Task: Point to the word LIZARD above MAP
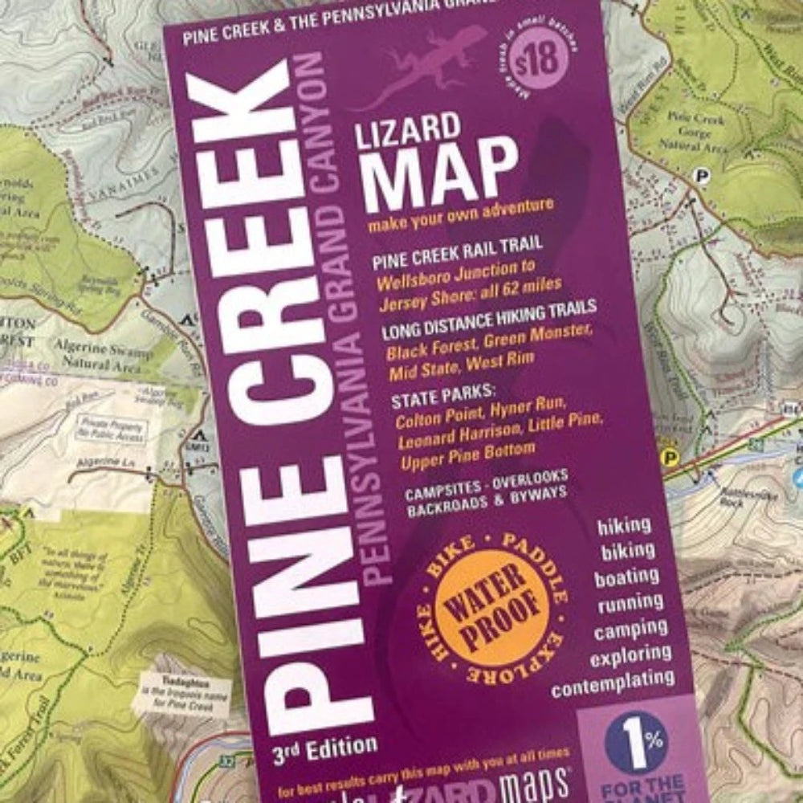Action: click(409, 129)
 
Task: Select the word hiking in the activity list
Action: click(624, 526)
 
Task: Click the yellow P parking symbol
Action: click(666, 456)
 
